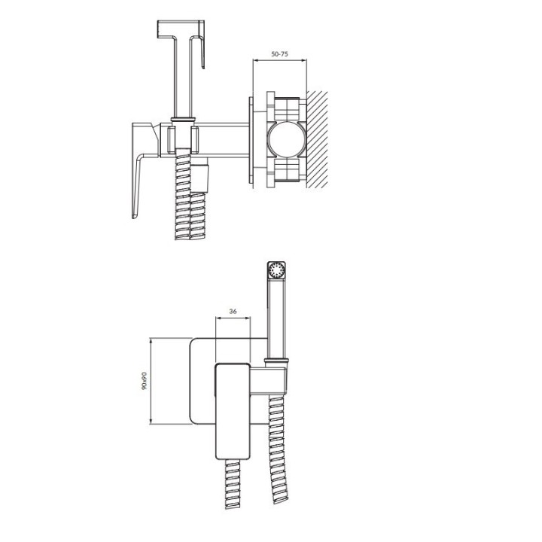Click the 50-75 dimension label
[279, 54]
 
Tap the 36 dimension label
[233, 312]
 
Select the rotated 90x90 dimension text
[144, 381]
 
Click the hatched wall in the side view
[317, 140]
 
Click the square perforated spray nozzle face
[276, 269]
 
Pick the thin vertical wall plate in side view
[251, 140]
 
